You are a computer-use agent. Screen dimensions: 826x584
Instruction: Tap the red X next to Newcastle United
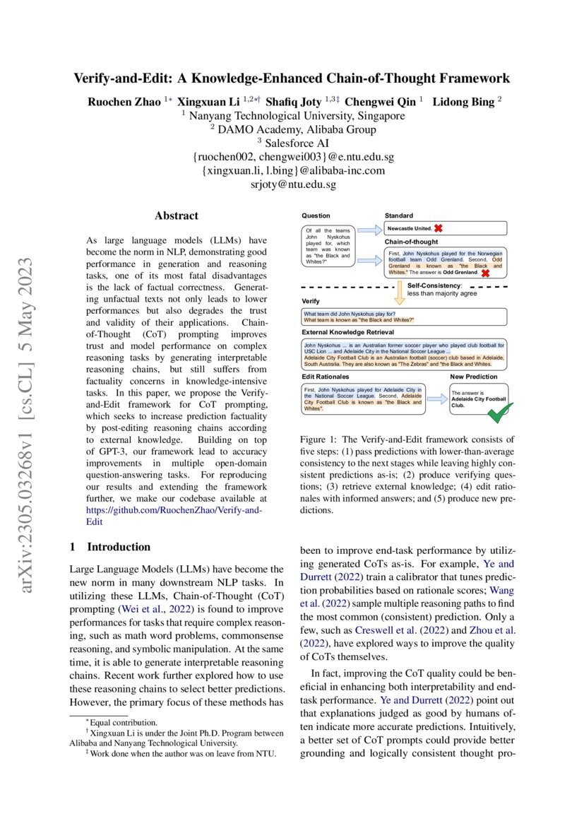click(x=438, y=229)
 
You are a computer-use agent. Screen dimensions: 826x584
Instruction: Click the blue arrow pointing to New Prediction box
click(x=436, y=399)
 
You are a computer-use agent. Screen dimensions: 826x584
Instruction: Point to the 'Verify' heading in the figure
click(x=311, y=301)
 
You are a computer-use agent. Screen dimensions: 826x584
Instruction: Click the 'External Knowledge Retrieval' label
click(x=348, y=331)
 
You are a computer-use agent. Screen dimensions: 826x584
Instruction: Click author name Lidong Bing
click(x=463, y=102)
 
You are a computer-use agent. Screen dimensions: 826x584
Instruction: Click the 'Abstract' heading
click(x=177, y=216)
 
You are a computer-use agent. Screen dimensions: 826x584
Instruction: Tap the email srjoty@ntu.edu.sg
click(x=293, y=184)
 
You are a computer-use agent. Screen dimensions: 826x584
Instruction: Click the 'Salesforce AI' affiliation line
click(x=293, y=143)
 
